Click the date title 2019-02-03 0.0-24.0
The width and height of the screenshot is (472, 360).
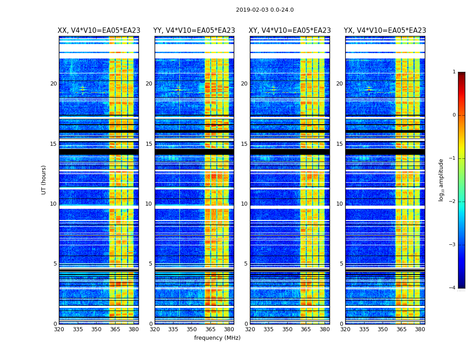(265, 10)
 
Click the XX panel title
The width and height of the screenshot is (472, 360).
(99, 31)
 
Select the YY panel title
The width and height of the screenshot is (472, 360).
(194, 31)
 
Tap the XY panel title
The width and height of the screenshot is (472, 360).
(289, 31)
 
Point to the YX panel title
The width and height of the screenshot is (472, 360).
(385, 31)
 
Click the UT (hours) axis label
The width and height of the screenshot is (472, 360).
(44, 180)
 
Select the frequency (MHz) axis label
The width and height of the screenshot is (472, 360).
(217, 338)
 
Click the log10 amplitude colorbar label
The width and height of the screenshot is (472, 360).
(441, 180)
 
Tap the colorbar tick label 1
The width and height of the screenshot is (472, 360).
(454, 72)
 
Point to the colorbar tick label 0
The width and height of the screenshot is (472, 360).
(454, 115)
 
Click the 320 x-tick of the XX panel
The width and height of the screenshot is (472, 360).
(59, 329)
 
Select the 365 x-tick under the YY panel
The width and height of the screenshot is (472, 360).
(210, 329)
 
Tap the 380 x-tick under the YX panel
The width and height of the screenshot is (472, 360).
(420, 329)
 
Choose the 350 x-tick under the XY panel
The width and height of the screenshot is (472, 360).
(287, 329)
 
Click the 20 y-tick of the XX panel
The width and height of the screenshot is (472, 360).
(53, 84)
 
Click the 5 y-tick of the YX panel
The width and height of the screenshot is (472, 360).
(341, 264)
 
